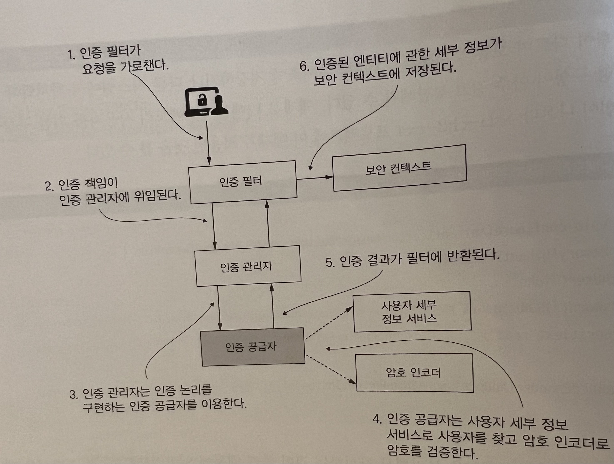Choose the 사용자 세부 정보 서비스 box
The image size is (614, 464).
412,312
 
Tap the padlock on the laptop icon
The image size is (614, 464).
202,100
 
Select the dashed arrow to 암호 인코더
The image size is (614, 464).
330,369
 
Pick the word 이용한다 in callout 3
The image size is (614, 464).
224,404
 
